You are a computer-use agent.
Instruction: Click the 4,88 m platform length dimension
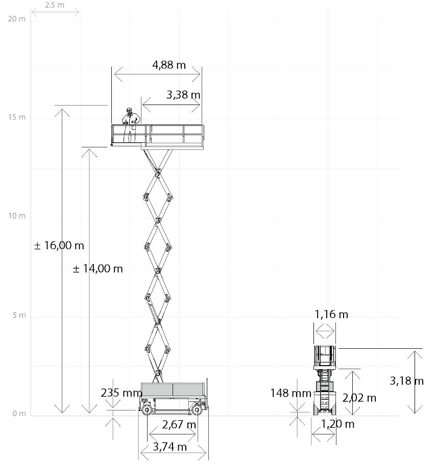tap(169, 65)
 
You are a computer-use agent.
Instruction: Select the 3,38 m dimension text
tap(183, 95)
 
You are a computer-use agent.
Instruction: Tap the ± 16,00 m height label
tap(59, 245)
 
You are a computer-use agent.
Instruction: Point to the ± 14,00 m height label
tap(98, 269)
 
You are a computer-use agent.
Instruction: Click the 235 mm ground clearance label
tap(121, 393)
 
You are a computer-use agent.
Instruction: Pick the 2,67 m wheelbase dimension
tap(179, 424)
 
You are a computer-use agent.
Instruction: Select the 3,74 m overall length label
tap(169, 447)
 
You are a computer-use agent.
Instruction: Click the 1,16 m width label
tap(331, 314)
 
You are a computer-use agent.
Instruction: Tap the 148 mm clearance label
tap(290, 393)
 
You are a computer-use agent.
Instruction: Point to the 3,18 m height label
tap(406, 380)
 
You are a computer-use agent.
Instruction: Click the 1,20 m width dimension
tap(337, 424)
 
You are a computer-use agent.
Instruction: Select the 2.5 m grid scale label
tap(55, 5)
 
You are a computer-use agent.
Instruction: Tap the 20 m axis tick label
tap(17, 19)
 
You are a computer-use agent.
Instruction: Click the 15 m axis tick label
tap(17, 117)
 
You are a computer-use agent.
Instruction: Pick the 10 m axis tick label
tap(17, 216)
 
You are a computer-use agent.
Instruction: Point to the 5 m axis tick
tap(18, 315)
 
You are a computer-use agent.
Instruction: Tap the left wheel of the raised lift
tap(148, 408)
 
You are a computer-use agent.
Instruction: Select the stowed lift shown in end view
tap(325, 380)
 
